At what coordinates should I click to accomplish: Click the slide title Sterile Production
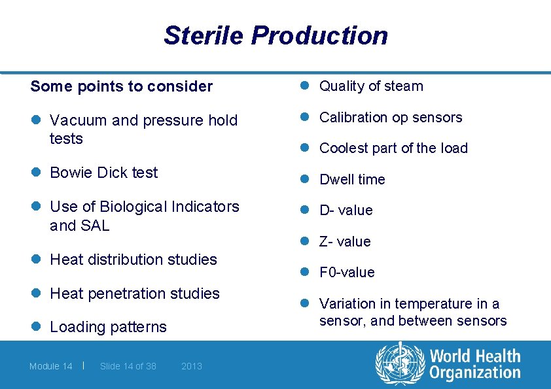275,35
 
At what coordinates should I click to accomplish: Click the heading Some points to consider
122,86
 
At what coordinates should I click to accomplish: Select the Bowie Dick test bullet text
103,173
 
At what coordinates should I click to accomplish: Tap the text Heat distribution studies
133,260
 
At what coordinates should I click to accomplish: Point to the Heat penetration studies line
134,294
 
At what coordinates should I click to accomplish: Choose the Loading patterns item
108,327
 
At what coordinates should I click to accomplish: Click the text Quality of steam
370,86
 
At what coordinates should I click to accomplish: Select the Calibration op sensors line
390,118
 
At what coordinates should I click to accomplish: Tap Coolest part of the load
393,148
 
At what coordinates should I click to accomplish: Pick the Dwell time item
352,180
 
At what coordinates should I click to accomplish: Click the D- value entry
346,211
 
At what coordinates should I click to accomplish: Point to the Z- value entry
345,242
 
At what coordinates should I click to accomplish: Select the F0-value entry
347,273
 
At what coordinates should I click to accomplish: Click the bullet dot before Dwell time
304,179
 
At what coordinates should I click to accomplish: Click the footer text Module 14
50,366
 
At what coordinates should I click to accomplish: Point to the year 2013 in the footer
191,366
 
